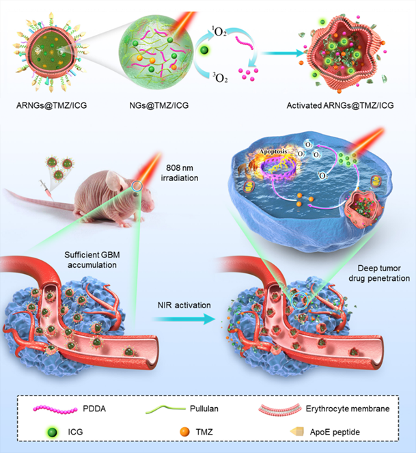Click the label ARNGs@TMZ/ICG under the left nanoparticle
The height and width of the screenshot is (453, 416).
point(46,105)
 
